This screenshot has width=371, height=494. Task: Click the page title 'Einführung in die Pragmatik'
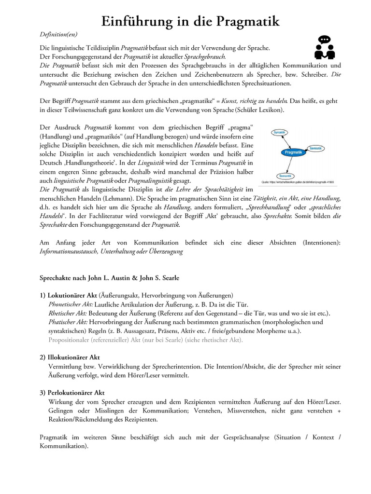[x=190, y=21]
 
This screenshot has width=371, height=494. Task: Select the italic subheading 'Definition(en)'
[x=58, y=35]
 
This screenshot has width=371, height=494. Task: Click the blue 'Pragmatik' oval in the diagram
[x=294, y=152]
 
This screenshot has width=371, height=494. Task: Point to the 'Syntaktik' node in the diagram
[x=279, y=132]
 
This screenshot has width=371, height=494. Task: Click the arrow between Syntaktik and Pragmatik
[x=286, y=141]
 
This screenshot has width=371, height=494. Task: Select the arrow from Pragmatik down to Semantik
[x=290, y=165]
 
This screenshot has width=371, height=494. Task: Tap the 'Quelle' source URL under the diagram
[x=298, y=182]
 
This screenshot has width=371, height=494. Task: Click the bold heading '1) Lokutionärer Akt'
[x=68, y=295]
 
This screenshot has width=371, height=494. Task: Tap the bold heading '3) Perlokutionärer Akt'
[x=71, y=393]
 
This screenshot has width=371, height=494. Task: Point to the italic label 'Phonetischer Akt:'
[x=71, y=304]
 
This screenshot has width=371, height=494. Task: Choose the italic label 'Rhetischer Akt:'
[x=68, y=313]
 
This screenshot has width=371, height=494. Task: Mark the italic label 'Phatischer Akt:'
[x=68, y=322]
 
